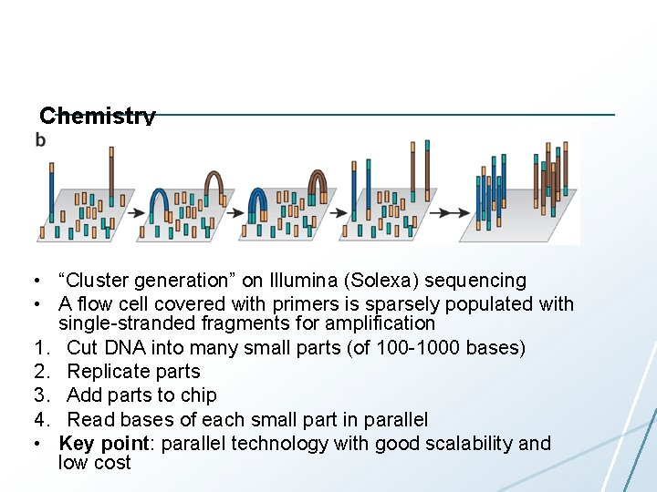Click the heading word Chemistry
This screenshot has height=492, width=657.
click(98, 117)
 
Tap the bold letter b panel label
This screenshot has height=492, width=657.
click(40, 139)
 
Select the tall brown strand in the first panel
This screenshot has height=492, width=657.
click(110, 178)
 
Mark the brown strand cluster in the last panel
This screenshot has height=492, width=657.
click(551, 173)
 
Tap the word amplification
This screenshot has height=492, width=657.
click(376, 323)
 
